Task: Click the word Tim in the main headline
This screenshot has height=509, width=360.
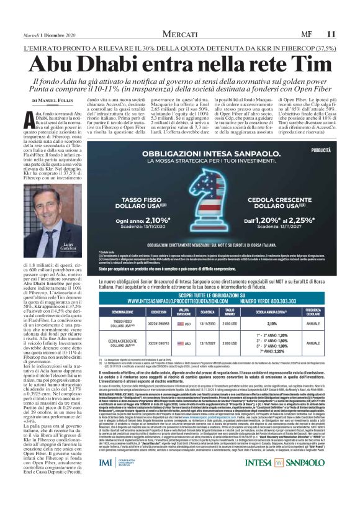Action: (x=299, y=64)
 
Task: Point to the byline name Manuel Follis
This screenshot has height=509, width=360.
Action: (x=56, y=99)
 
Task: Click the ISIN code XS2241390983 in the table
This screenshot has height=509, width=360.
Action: (x=159, y=323)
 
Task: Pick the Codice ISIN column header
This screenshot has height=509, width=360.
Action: (x=159, y=311)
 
